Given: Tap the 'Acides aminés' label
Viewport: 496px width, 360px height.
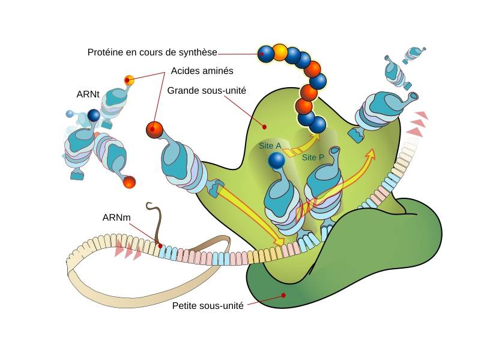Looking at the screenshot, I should point(202,71).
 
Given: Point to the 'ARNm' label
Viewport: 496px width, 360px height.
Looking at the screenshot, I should point(118,216).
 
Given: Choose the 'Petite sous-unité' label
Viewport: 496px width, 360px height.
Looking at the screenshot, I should point(208,305).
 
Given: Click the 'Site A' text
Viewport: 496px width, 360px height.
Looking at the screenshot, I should point(270,145).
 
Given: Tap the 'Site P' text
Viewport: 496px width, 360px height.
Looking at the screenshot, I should point(313,157).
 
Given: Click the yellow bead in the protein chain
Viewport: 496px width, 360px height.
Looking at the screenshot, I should point(280,52).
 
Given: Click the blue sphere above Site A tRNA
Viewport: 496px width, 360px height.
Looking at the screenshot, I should point(276,160).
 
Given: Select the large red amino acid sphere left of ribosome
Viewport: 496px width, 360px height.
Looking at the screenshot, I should point(155,129).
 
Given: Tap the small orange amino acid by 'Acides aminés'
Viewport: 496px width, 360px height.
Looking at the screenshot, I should point(129,80).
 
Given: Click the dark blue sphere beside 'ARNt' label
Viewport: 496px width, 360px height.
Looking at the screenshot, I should point(93,115).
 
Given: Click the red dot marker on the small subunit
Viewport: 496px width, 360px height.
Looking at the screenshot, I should point(283,295).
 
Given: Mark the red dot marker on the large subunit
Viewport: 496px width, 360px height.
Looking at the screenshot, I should point(263,126).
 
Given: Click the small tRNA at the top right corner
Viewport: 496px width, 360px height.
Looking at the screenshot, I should point(414,54).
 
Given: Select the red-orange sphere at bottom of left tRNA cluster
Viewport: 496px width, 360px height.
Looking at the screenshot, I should point(129,181).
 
